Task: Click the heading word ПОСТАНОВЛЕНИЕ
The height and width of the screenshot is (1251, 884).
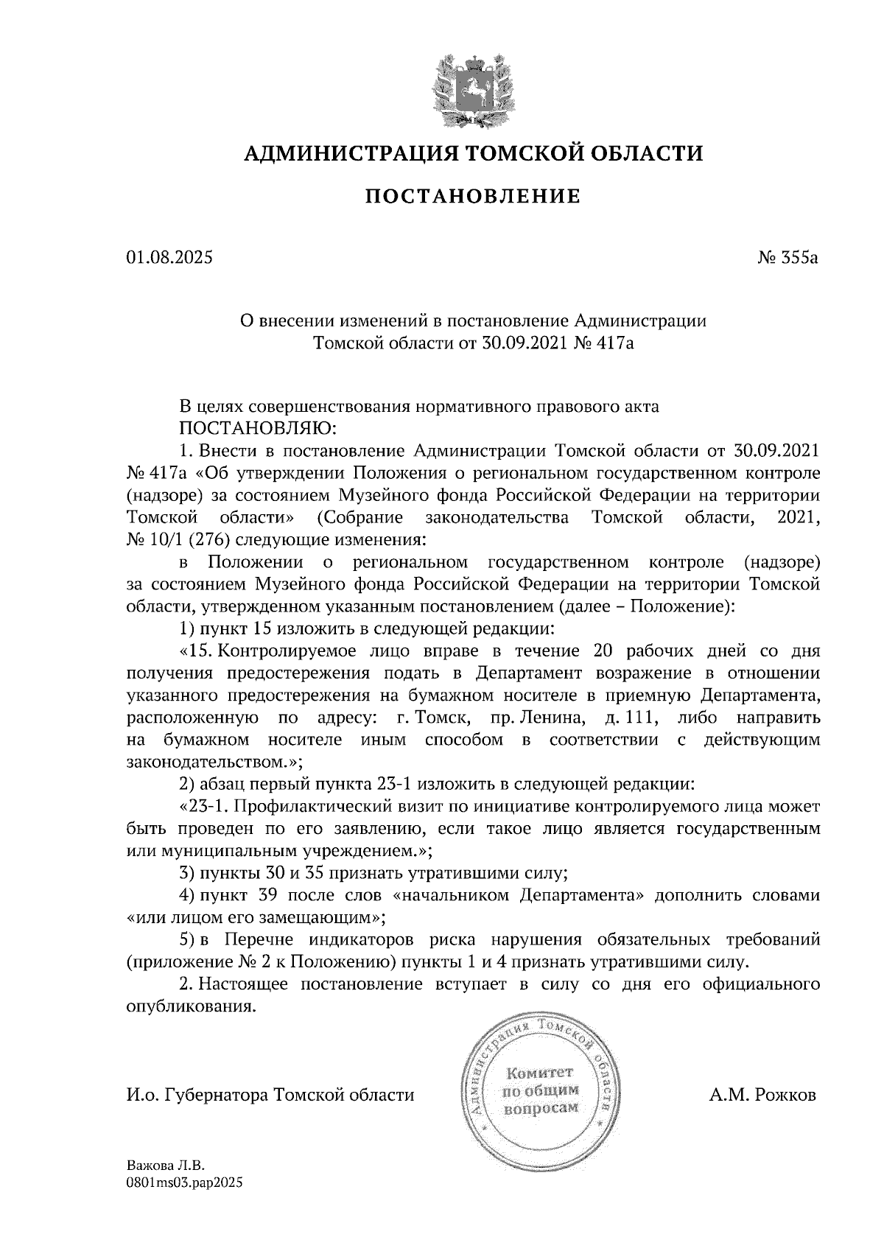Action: click(x=474, y=196)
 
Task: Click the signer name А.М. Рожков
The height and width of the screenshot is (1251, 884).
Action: click(x=762, y=1095)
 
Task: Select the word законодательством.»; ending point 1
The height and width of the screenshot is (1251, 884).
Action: click(x=214, y=760)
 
